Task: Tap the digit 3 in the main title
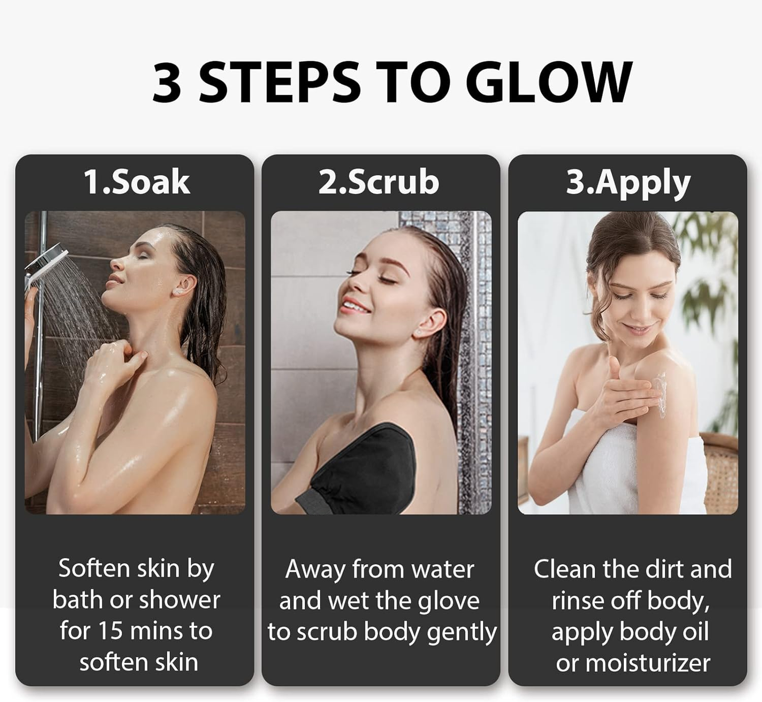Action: pyautogui.click(x=167, y=82)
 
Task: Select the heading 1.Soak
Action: pyautogui.click(x=137, y=182)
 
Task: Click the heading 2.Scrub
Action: pyautogui.click(x=379, y=182)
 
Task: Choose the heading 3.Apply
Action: pyautogui.click(x=628, y=183)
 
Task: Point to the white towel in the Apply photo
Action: pyautogui.click(x=622, y=464)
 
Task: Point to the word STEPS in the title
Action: pyautogui.click(x=279, y=82)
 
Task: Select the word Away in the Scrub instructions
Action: pyautogui.click(x=315, y=570)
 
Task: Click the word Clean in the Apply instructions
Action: pyautogui.click(x=564, y=570)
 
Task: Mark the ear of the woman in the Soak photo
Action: pyautogui.click(x=185, y=285)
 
